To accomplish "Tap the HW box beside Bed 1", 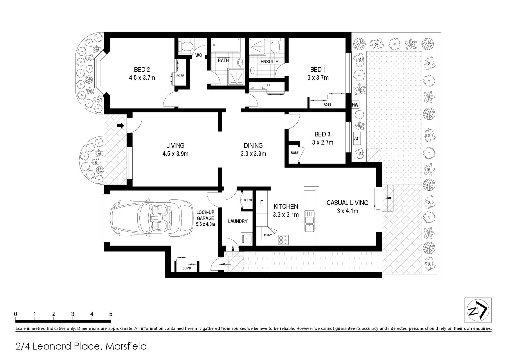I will [x=355, y=105].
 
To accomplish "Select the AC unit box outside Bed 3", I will [x=357, y=138].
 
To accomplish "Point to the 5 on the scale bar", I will [x=111, y=314].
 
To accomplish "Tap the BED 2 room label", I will [x=142, y=69].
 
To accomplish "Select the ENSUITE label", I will [x=269, y=61].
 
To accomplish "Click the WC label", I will [x=198, y=55].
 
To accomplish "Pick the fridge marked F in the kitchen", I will [x=262, y=202].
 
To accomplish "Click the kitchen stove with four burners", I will [x=283, y=240].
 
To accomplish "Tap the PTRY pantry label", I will [x=268, y=235].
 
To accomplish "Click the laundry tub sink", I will [x=247, y=239].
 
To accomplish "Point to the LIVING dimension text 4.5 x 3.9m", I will [x=175, y=154].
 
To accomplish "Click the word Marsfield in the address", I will [x=126, y=346].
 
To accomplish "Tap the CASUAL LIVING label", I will [x=347, y=202].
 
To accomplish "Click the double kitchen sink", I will [x=309, y=221].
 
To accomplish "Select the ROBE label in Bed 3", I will [x=294, y=153].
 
